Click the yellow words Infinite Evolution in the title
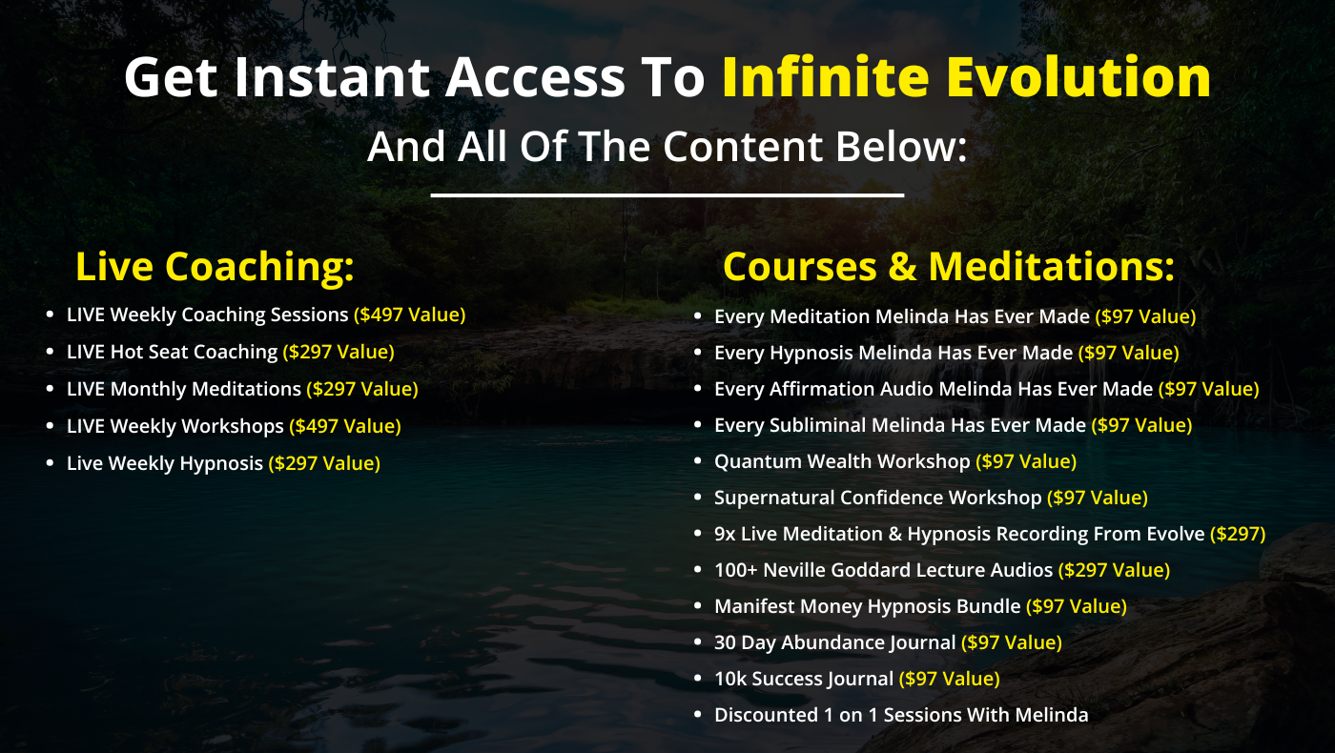coord(965,78)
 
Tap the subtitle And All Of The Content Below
coord(667,147)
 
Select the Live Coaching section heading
coord(215,267)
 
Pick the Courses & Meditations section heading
coord(948,267)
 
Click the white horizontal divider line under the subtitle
coord(667,195)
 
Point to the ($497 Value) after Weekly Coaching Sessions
coord(409,315)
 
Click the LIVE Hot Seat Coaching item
coord(172,352)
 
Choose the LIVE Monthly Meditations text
coord(183,389)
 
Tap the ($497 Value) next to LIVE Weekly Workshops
coord(344,426)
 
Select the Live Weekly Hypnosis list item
coord(164,463)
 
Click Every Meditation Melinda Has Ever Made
coord(901,316)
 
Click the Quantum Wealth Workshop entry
coord(841,461)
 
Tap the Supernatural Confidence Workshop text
coord(877,498)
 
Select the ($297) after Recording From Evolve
coord(1237,534)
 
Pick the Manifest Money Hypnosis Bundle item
coord(867,606)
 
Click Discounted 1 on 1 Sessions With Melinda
coord(900,715)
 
